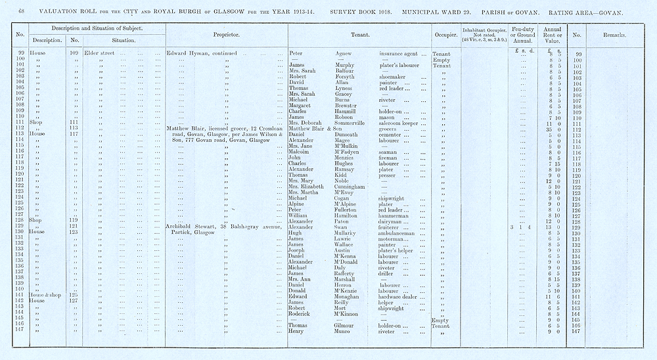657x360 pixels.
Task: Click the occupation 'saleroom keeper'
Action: (x=402, y=122)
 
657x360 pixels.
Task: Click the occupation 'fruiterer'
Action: (x=393, y=227)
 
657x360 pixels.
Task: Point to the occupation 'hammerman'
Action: (x=398, y=215)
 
